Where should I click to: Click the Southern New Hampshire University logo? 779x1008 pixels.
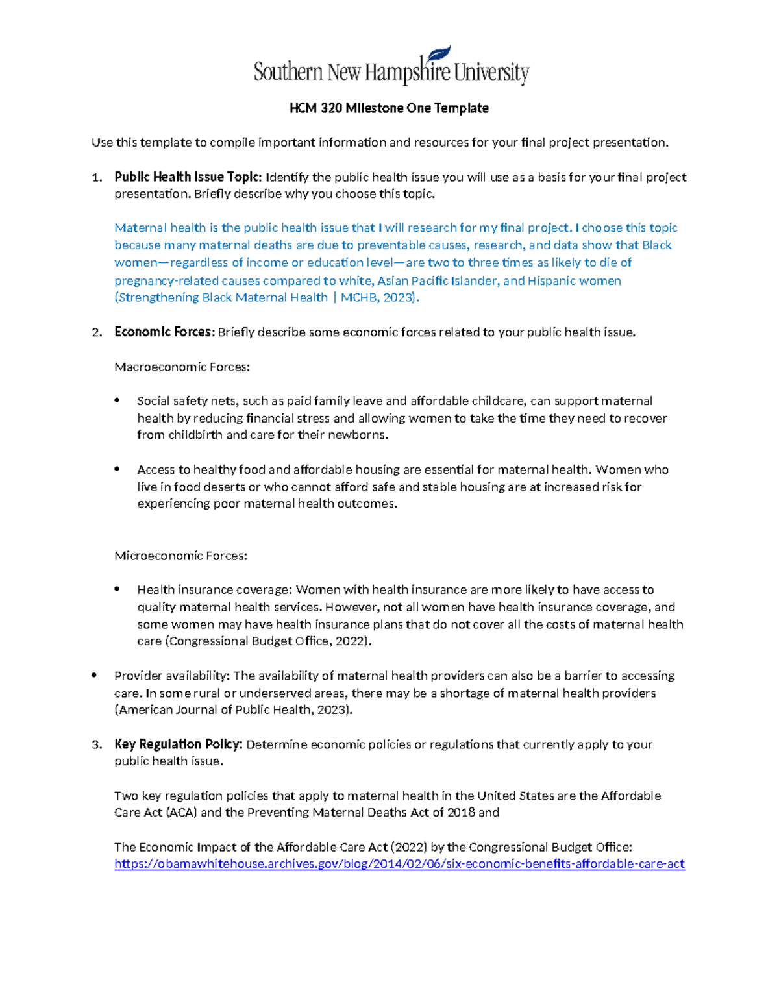(x=391, y=68)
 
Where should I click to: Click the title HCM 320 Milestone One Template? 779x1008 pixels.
(x=389, y=108)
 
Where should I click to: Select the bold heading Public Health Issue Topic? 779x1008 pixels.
(x=188, y=177)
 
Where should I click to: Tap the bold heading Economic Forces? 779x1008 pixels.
(x=164, y=332)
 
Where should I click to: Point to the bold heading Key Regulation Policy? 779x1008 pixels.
(x=179, y=744)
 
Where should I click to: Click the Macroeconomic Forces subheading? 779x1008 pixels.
(x=182, y=367)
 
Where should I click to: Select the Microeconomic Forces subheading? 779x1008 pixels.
(x=180, y=556)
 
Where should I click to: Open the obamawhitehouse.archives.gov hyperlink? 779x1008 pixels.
(x=399, y=864)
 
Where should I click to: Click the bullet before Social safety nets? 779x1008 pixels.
(x=117, y=400)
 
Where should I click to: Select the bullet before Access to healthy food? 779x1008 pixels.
(x=117, y=469)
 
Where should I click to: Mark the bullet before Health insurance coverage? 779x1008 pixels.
(x=117, y=589)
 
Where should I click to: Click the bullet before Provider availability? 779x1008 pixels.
(x=95, y=676)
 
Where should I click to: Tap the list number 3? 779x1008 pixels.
(x=96, y=745)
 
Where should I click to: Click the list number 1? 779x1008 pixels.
(x=96, y=178)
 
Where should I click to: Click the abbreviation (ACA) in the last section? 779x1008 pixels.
(x=181, y=813)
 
